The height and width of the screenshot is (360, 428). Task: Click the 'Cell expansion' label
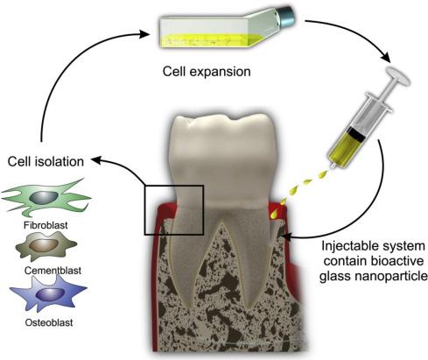click(x=207, y=72)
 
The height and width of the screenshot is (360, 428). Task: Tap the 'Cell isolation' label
click(x=46, y=161)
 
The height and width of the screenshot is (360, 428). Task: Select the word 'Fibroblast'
click(x=46, y=225)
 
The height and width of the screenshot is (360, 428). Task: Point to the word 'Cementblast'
click(x=53, y=271)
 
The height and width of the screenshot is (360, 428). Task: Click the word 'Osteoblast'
click(x=49, y=322)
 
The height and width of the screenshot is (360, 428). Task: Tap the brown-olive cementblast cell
click(x=46, y=246)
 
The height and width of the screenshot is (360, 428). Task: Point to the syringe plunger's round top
click(x=398, y=75)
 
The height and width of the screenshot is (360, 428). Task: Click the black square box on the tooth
click(x=174, y=210)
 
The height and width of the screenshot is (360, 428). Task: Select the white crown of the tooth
click(x=223, y=158)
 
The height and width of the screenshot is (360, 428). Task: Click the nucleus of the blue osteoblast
click(x=51, y=294)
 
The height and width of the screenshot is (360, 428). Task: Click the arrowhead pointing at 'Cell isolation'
click(x=97, y=160)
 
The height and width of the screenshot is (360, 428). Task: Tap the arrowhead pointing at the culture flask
click(x=144, y=34)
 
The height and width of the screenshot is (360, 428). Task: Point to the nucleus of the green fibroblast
click(x=44, y=197)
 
